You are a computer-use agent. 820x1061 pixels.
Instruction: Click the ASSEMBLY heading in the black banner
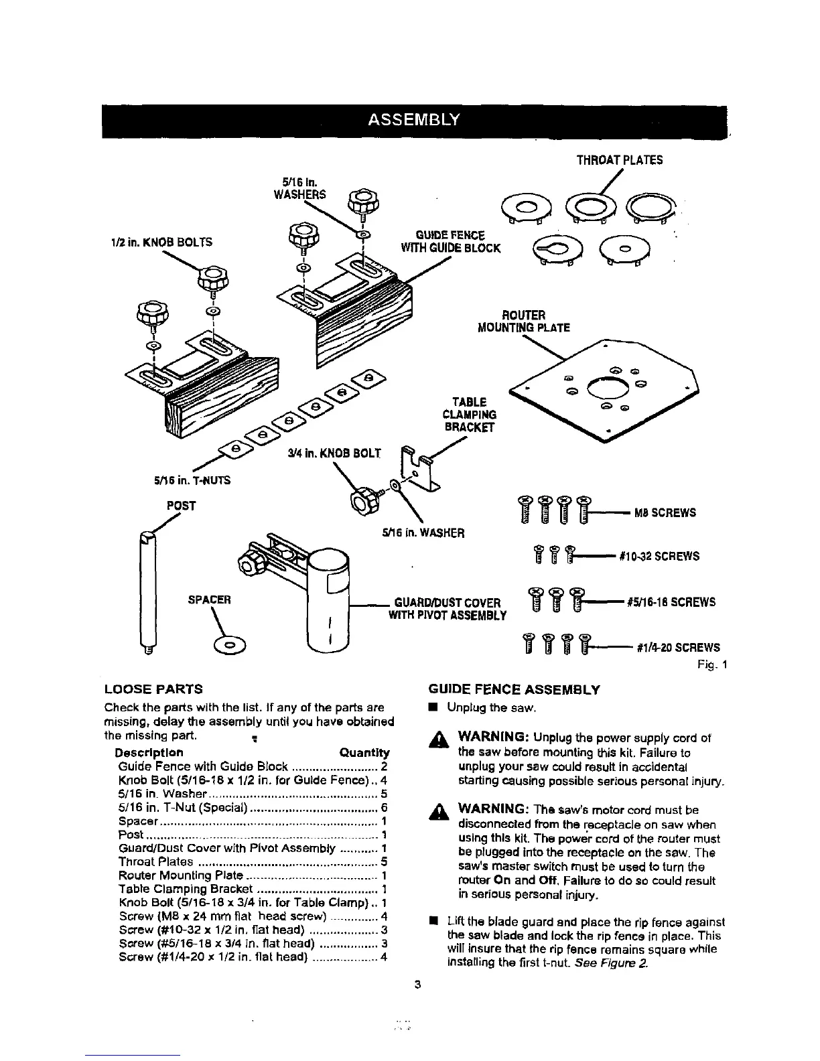413,121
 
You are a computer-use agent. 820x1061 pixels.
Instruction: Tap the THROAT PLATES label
620,160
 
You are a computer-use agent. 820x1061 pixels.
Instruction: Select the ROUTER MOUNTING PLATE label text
523,322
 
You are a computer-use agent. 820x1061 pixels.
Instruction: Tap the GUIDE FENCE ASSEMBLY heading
514,689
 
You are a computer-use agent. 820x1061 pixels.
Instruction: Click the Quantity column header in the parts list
364,752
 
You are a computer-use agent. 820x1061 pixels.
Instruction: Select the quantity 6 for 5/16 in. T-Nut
384,807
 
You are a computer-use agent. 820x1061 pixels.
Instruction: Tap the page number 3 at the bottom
417,984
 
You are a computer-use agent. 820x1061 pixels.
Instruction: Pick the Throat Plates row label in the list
155,861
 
